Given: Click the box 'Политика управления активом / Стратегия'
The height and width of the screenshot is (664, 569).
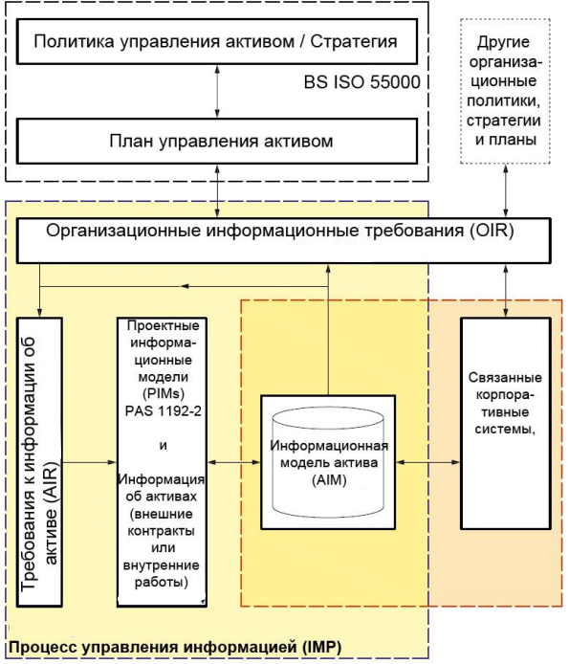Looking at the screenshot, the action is tap(217, 41).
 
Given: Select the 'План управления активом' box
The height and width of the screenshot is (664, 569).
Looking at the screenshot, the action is tap(217, 141).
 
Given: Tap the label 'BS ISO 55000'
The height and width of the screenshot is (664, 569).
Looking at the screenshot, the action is tap(362, 82).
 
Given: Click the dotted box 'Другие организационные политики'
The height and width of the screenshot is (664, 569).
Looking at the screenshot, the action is tap(506, 91).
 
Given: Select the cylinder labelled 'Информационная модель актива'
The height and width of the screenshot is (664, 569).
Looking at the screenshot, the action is tap(329, 462).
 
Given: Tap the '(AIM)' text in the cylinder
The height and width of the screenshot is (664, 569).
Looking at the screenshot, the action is tap(329, 479).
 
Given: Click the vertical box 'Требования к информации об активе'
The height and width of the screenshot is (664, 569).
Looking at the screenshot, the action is tap(39, 462).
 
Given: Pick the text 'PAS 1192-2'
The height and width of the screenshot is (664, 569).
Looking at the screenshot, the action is tap(163, 410).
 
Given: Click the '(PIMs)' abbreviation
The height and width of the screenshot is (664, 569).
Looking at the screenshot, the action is tap(163, 394).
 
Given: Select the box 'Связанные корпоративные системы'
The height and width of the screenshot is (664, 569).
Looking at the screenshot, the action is tap(506, 424).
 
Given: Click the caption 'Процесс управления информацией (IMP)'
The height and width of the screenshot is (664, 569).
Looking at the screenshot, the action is tap(175, 647).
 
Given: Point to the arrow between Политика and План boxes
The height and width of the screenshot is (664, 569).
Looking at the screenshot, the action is tap(217, 92).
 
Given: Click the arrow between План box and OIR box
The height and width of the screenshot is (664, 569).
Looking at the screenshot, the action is tap(217, 191).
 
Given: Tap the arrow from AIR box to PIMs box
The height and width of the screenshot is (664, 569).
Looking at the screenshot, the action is tap(90, 462).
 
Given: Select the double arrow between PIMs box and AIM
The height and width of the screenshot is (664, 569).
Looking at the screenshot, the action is tap(233, 462).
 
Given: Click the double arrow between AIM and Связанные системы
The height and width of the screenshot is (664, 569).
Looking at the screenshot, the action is tap(428, 462).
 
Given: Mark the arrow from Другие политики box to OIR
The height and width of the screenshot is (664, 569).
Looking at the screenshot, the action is tap(506, 191).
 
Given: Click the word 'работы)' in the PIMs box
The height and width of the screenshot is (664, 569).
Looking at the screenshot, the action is tap(162, 583).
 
